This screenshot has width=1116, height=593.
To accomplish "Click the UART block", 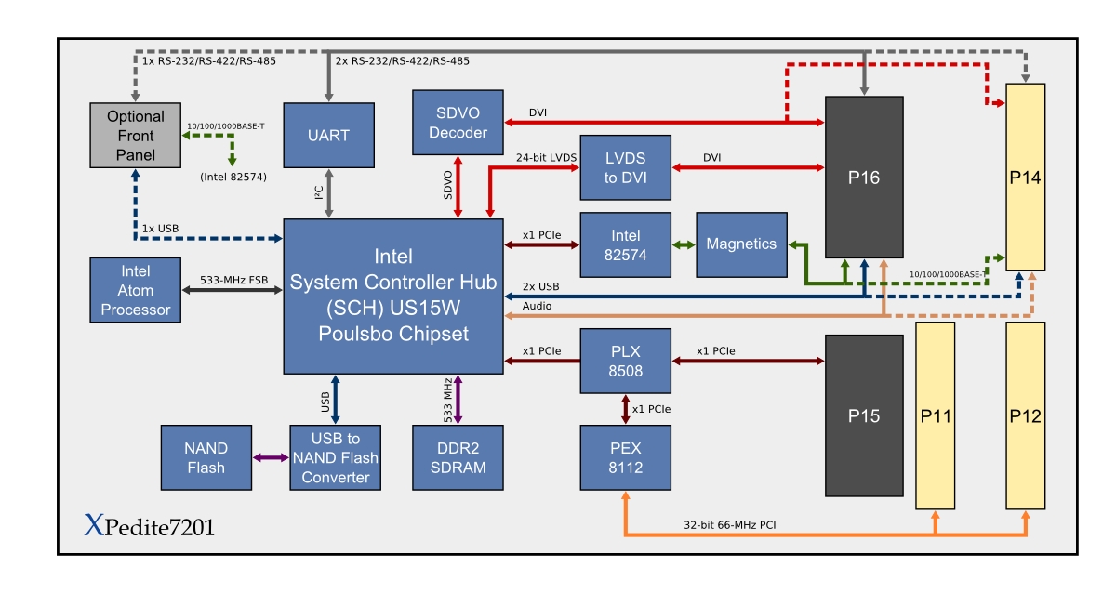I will pos(328,135).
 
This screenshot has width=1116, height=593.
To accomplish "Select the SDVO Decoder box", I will pos(458,122).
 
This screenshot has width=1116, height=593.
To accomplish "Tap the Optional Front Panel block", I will pos(135,135).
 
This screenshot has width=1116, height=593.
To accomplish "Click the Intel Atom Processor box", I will pos(136,290).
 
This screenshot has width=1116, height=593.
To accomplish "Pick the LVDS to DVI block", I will pos(625,167).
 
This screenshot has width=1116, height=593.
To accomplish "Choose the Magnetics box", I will pos(741,244).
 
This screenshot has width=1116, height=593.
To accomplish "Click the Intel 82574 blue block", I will pos(625,244).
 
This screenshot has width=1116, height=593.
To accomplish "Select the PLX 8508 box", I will pos(625,361).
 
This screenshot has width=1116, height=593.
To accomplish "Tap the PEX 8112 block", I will pos(625,457).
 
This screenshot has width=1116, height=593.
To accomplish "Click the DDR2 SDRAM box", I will pos(458,457).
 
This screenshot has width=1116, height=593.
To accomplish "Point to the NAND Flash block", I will pos(206,457).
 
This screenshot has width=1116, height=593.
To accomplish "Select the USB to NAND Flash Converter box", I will pos(335,457).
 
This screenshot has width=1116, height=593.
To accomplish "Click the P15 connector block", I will pos(864,415).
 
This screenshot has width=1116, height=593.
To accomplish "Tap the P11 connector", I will pos(935,415).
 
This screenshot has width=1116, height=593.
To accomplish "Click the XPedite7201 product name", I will pos(149,527).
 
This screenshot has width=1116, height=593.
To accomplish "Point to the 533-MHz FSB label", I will pos(232,279).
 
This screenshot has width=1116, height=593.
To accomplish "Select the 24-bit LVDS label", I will pos(546,157).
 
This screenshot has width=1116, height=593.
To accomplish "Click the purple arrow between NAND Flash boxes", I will pos(271,457).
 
